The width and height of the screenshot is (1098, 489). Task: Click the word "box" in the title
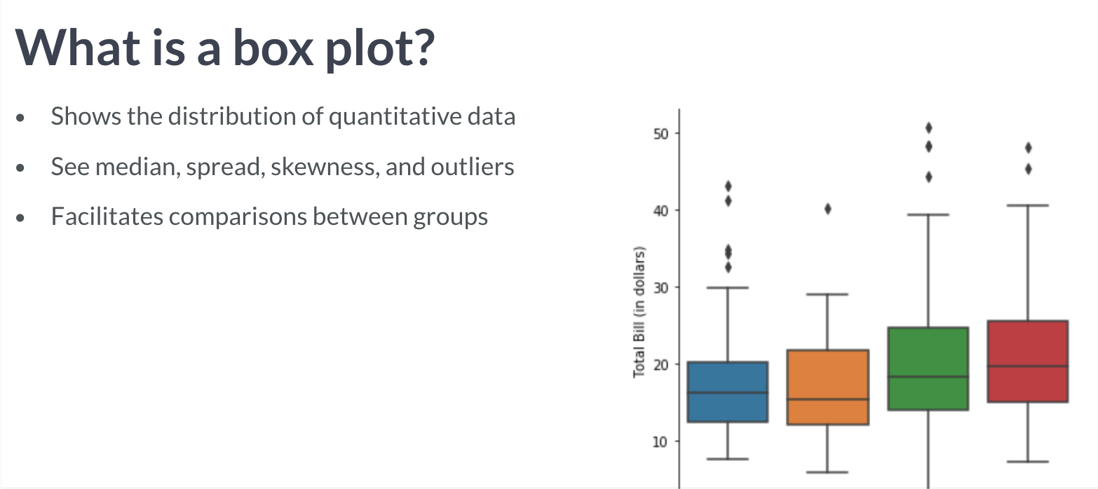click(273, 48)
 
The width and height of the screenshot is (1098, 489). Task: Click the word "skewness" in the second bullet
click(325, 167)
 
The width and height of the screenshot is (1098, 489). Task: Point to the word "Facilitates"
click(107, 216)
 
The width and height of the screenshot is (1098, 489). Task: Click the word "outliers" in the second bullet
click(473, 167)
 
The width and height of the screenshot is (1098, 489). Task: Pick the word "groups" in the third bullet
click(450, 218)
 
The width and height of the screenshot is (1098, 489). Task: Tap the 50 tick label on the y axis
click(660, 134)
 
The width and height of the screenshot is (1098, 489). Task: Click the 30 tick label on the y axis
click(660, 288)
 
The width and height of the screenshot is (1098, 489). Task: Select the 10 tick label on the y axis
click(660, 442)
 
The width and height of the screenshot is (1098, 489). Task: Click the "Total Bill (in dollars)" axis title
click(639, 312)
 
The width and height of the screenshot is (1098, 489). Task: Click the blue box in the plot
click(727, 392)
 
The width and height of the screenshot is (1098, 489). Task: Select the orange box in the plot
click(827, 387)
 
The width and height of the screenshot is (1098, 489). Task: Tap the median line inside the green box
click(928, 377)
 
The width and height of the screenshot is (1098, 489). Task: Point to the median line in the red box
click(1028, 366)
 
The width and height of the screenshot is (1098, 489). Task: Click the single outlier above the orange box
click(828, 209)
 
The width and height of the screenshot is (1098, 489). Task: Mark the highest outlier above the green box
click(928, 128)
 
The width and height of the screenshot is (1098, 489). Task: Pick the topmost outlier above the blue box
click(728, 186)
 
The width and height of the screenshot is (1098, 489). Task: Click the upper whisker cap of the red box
click(1028, 205)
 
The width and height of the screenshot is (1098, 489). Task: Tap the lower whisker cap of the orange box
click(827, 472)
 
